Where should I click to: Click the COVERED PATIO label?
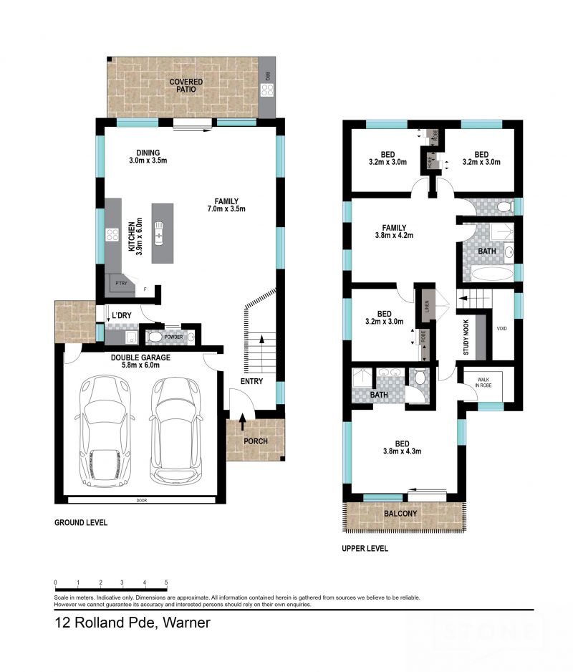pos(186,87)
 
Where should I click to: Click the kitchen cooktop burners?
pos(112,234)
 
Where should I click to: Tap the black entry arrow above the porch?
pos(243,422)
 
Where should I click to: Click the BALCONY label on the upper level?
pos(400,514)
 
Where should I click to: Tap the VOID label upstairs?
pos(502,328)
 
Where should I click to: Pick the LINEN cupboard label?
pos(427,306)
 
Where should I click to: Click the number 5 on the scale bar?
pos(166,582)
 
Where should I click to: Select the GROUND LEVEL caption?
pos(81,523)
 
